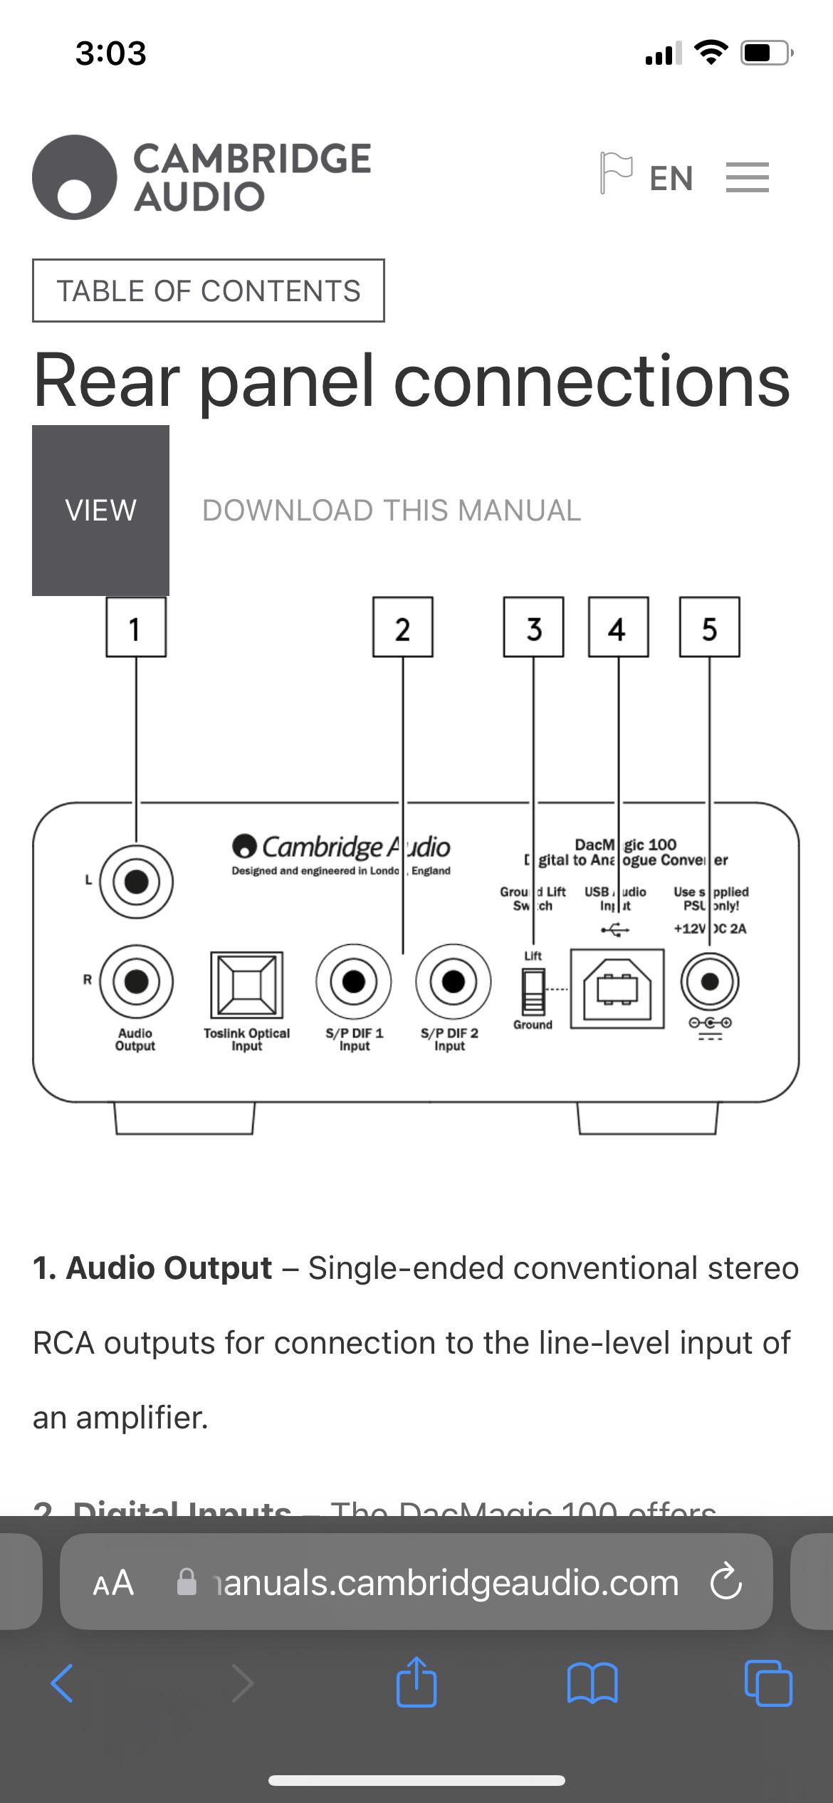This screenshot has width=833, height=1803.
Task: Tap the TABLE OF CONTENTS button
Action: click(x=208, y=291)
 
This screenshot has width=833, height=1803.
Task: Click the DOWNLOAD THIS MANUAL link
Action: click(x=392, y=510)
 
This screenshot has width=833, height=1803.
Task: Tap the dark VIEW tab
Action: click(x=100, y=510)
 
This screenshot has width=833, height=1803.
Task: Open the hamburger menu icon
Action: click(x=747, y=177)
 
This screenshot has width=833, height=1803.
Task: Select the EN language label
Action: click(x=671, y=178)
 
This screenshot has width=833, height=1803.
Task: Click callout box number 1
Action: click(x=136, y=627)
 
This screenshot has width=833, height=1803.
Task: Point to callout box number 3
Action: click(x=533, y=627)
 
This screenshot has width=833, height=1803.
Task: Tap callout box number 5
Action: click(x=709, y=627)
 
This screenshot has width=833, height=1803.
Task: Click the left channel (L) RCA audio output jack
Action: click(x=136, y=882)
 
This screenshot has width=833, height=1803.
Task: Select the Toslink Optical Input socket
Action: click(x=246, y=985)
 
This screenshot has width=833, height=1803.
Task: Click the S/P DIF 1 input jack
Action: click(x=353, y=982)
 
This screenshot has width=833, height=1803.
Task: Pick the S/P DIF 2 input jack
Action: click(x=453, y=982)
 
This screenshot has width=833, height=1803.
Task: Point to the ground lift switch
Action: click(x=533, y=991)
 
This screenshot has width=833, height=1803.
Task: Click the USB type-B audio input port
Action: click(x=617, y=988)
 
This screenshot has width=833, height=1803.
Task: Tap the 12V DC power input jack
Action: click(x=709, y=982)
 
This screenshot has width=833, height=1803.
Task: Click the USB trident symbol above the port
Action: click(x=615, y=929)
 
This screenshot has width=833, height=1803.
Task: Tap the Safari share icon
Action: click(x=416, y=1682)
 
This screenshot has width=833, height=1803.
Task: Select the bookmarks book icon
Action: click(x=592, y=1683)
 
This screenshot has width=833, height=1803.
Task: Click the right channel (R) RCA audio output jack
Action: click(x=136, y=982)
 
